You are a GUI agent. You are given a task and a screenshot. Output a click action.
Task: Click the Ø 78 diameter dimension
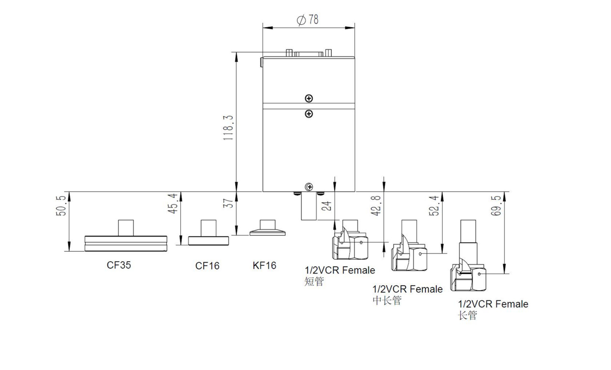point(308,20)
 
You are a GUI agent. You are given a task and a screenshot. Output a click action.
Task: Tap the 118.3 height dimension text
point(228,127)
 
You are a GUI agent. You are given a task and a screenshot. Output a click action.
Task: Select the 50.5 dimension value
point(61,206)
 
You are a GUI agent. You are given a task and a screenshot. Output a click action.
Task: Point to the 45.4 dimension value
point(173,203)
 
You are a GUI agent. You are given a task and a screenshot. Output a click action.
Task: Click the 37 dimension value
point(228,203)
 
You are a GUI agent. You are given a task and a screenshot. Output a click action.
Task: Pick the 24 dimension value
point(327,206)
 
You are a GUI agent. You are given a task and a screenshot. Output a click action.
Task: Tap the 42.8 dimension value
point(377,205)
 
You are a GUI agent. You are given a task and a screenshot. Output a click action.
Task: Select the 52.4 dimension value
point(434,205)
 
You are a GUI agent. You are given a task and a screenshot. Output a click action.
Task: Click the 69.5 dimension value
point(496,205)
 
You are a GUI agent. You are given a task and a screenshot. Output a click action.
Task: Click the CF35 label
point(119,265)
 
